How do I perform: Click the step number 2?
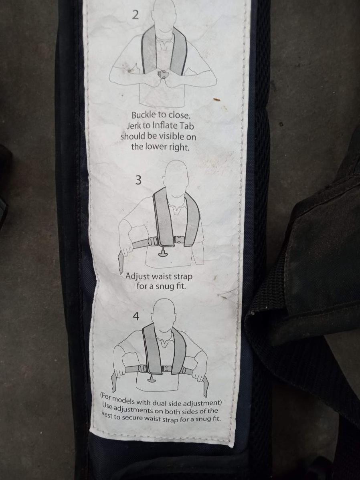tap(136, 15)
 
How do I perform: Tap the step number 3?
tap(138, 180)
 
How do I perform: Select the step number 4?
tap(136, 316)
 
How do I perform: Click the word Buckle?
tap(144, 115)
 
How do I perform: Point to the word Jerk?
tap(133, 125)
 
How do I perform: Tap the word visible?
tap(172, 136)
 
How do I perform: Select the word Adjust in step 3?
tap(138, 276)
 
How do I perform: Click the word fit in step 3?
tap(180, 287)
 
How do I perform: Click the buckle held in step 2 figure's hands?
tap(162, 74)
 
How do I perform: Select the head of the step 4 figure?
tap(164, 315)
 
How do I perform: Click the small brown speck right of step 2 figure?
tap(216, 99)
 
